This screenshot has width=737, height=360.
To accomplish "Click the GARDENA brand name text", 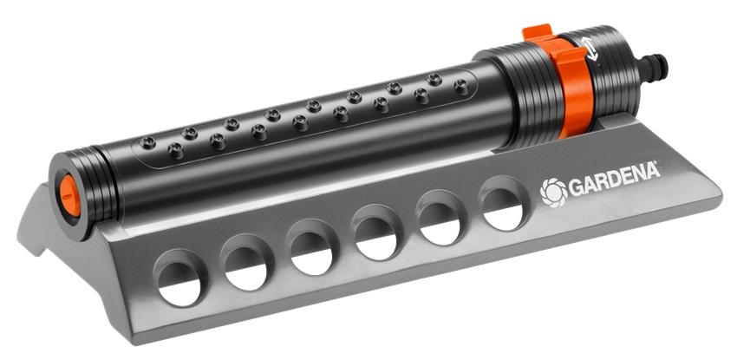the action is (x=614, y=179).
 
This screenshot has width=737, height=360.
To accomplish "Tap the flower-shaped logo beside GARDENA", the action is (x=553, y=193).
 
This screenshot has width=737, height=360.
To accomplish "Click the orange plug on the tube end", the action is (x=69, y=195).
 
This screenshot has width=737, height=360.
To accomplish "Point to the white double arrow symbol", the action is (x=590, y=49).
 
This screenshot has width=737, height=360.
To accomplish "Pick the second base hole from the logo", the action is (x=440, y=218).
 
